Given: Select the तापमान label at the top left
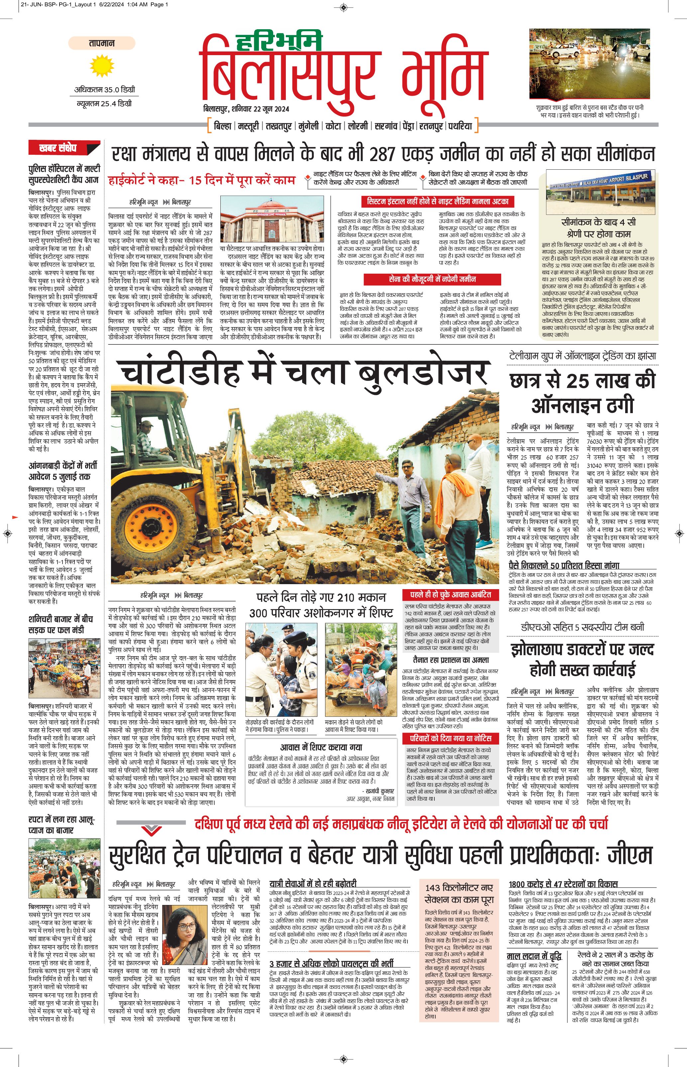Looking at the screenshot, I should pos(102,43).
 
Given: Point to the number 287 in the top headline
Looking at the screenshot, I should pos(382,154).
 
